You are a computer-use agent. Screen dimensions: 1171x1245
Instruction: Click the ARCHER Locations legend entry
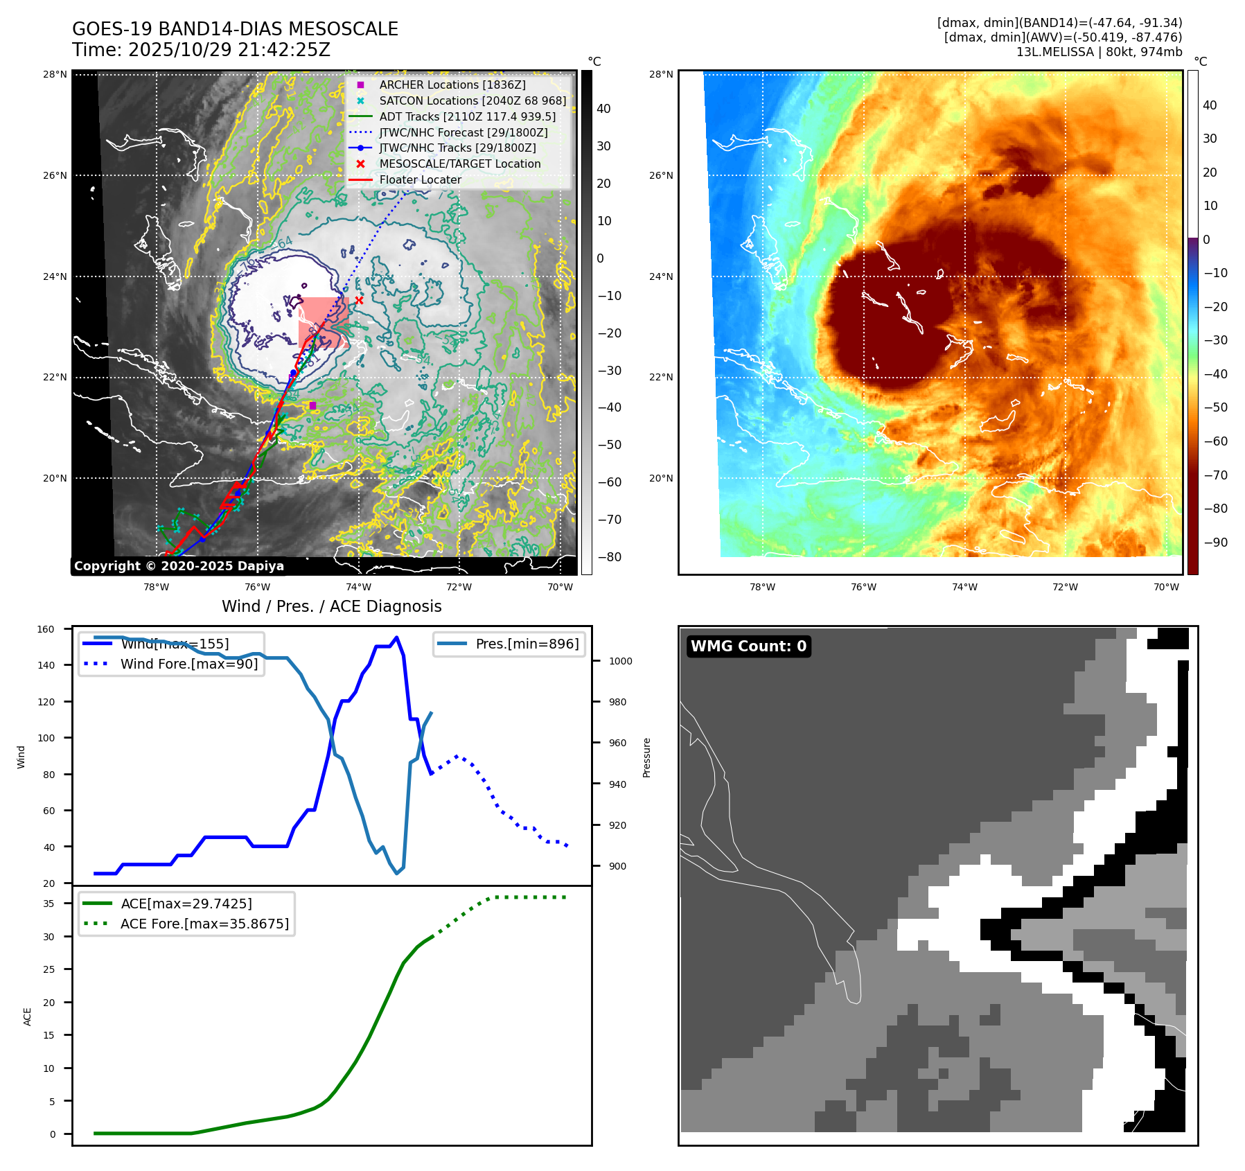click(452, 85)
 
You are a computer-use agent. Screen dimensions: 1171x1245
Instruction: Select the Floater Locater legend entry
click(420, 179)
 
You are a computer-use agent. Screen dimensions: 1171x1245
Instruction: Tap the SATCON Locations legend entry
click(472, 100)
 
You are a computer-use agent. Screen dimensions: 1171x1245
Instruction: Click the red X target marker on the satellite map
click(359, 300)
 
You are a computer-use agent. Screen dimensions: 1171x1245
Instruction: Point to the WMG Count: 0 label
click(748, 646)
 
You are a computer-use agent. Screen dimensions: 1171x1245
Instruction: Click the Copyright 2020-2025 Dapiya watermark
click(179, 566)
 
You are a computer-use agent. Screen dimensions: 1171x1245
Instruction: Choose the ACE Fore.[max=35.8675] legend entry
click(204, 924)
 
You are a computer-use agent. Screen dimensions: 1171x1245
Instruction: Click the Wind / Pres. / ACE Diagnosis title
click(331, 606)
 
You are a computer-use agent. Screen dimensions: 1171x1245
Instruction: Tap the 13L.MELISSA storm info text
click(1099, 52)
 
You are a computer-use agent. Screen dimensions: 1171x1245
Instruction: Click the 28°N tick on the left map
click(55, 74)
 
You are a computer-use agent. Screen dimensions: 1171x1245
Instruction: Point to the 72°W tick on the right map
click(1065, 587)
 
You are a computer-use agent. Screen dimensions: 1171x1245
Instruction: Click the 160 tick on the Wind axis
click(46, 629)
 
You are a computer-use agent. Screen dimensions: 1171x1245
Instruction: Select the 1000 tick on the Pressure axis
click(620, 661)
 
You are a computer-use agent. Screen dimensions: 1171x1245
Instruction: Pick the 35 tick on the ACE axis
click(48, 904)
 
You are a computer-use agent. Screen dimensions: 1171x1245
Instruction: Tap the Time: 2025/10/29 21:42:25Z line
click(201, 50)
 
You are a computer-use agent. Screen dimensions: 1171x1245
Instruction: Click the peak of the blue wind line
click(396, 637)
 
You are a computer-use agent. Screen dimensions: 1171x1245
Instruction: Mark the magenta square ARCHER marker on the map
click(312, 405)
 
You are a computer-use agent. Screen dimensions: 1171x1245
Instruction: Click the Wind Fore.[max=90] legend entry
click(188, 664)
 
